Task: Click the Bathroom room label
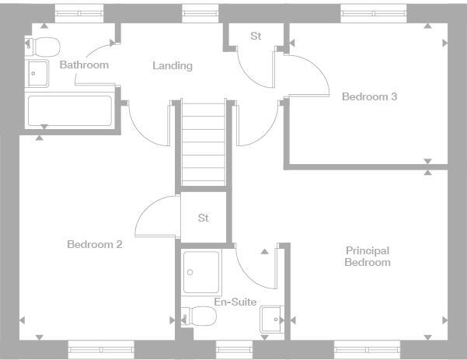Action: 84,65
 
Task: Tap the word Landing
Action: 172,65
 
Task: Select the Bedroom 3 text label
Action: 370,97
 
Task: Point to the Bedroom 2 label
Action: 95,244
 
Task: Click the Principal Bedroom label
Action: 368,257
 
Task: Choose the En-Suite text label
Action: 235,302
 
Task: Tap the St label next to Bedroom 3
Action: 256,37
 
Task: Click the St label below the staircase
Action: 204,218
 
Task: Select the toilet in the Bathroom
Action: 42,45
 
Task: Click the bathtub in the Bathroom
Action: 71,110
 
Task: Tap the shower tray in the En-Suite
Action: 201,271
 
